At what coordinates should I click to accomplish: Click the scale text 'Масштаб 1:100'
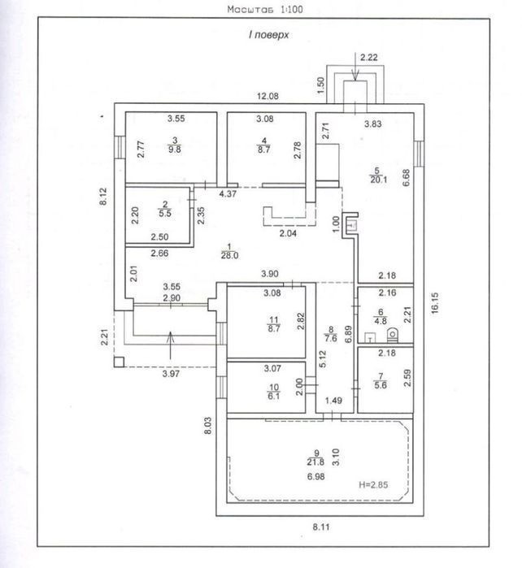265,9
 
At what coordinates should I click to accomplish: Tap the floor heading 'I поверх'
268,35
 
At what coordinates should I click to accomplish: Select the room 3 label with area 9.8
175,145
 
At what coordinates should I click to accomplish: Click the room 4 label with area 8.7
264,145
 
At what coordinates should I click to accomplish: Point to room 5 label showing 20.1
378,176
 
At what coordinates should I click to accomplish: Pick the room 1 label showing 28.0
229,251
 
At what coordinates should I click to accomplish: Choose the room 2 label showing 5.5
165,209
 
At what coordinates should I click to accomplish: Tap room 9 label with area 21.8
315,457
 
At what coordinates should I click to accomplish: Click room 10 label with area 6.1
274,392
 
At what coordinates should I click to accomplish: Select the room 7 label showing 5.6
381,381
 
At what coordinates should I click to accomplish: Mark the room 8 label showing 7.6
331,334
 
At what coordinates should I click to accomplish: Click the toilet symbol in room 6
392,335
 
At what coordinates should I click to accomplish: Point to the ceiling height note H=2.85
373,484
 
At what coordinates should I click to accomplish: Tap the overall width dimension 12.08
268,96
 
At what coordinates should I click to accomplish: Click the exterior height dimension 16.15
435,303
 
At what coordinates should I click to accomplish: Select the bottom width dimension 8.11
321,527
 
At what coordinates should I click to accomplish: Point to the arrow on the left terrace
171,345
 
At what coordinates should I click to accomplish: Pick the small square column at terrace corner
119,362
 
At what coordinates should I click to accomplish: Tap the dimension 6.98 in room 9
315,477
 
